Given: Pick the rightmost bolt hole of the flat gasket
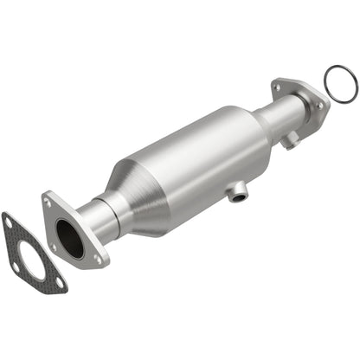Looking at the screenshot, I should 58,282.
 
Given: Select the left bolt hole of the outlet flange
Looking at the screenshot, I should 278,86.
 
